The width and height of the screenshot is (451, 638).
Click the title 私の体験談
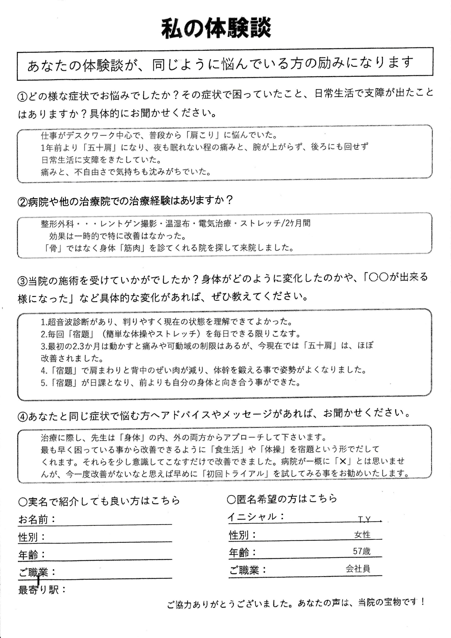[x=216, y=29]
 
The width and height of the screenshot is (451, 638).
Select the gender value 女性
[x=362, y=535]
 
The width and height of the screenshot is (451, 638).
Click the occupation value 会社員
[x=358, y=569]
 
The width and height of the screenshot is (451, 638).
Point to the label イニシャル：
[x=256, y=517]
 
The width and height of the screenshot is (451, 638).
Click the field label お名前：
[x=37, y=519]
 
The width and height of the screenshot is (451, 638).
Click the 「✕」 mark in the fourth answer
[x=343, y=461]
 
